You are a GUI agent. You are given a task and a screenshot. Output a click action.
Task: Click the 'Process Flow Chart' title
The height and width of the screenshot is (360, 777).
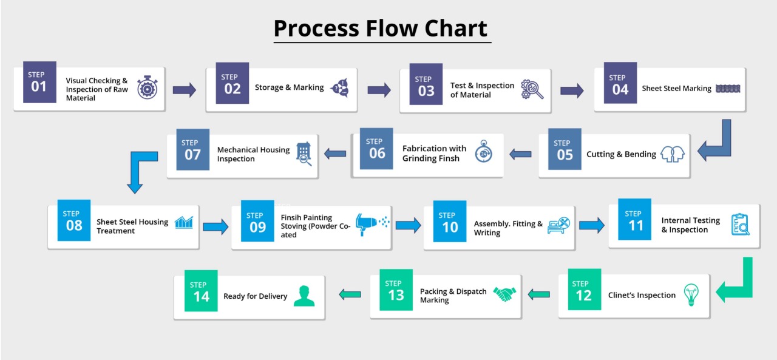coord(381,28)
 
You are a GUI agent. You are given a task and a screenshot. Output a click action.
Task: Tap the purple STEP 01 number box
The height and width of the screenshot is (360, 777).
coord(39,82)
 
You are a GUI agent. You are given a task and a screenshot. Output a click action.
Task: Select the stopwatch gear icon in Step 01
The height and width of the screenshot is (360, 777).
coord(148,87)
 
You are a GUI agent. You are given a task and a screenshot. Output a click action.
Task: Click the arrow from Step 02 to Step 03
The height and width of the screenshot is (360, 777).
coord(379,90)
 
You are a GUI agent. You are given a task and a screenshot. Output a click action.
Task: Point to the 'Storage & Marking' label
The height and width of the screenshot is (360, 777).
coord(290,87)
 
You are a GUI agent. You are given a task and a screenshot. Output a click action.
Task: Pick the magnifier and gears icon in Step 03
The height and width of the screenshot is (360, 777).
coord(532,89)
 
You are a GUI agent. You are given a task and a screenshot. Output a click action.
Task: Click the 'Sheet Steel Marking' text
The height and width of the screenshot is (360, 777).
coord(676,89)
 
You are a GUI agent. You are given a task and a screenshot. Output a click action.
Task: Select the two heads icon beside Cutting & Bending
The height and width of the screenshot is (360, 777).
coord(672,154)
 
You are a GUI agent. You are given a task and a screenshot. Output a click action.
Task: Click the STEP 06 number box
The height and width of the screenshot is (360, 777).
coord(376,149)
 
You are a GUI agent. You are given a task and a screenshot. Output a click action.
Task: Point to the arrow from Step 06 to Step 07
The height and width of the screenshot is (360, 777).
coord(335,154)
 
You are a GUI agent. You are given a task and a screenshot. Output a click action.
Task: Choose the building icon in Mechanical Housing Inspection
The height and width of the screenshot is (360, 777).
coord(304,154)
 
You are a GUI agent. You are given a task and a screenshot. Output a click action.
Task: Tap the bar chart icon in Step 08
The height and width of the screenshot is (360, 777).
coord(184,222)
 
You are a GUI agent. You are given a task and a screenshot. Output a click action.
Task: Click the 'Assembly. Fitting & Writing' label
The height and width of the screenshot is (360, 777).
coord(508,228)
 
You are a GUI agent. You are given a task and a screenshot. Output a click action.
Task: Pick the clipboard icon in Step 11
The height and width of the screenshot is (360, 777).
coord(740,225)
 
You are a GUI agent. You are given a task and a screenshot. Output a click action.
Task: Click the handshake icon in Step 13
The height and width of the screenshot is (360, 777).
coord(504,294)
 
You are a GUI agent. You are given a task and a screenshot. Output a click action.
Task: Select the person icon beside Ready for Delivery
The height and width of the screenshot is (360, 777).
coord(304,296)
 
